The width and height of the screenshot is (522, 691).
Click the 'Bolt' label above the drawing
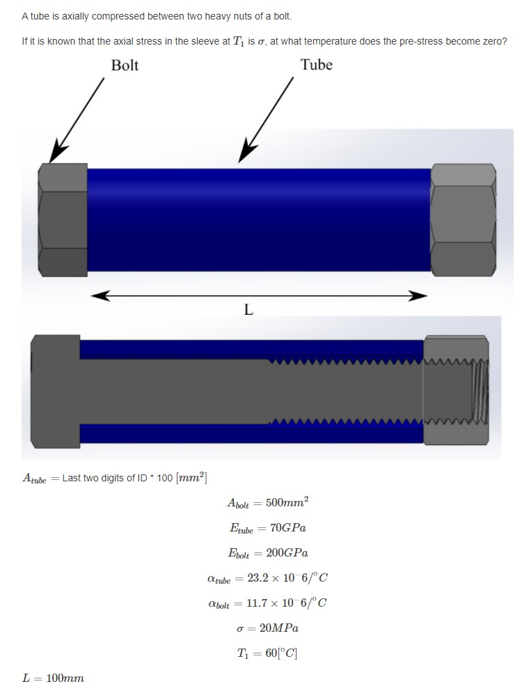(x=125, y=65)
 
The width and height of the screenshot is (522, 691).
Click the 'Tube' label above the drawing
(x=316, y=65)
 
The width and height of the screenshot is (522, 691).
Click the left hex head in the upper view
(x=63, y=219)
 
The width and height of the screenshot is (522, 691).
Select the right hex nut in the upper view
(x=464, y=219)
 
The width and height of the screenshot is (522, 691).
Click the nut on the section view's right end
(x=456, y=391)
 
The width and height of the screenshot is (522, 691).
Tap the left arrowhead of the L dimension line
(x=101, y=296)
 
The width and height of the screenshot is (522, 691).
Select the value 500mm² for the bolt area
(x=287, y=503)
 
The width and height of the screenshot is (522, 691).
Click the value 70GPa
(x=286, y=528)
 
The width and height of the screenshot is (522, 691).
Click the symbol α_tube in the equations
(x=220, y=578)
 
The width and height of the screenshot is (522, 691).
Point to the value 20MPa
(x=278, y=628)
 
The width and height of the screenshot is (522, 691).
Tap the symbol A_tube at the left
(x=35, y=479)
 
